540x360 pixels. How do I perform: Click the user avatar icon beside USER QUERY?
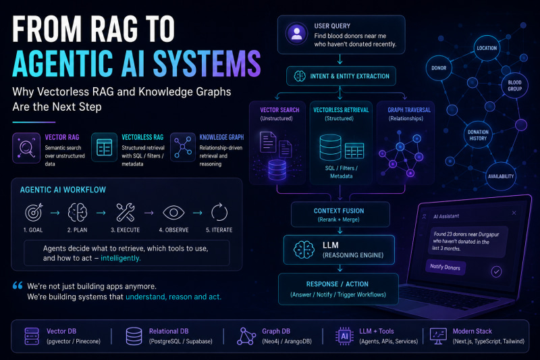click(x=296, y=34)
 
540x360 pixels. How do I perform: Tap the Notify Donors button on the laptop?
click(x=446, y=267)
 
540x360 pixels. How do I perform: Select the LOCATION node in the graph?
click(x=487, y=48)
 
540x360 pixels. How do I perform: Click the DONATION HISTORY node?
click(x=478, y=135)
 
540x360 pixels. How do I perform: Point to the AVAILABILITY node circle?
click(x=501, y=176)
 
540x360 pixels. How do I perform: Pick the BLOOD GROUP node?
click(x=514, y=86)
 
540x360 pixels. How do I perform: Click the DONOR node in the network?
click(x=439, y=68)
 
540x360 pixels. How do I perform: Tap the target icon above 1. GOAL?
click(x=34, y=212)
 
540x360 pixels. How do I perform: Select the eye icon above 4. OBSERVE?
click(x=173, y=213)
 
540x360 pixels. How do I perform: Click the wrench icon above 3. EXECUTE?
click(x=126, y=212)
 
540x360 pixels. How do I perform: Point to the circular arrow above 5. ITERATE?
click(x=219, y=212)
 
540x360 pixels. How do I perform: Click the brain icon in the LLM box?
click(x=304, y=249)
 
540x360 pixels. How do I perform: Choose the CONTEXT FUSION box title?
click(x=339, y=211)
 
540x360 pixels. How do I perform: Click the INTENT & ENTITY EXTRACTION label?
click(x=350, y=76)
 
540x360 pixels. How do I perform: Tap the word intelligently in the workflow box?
click(x=121, y=258)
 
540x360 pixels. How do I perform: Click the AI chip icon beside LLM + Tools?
click(x=344, y=336)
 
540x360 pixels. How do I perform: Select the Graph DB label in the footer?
click(x=276, y=331)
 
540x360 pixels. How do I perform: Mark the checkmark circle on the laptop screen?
click(x=496, y=272)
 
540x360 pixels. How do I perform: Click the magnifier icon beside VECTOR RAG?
click(x=26, y=148)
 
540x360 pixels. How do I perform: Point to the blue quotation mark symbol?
click(x=18, y=285)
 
